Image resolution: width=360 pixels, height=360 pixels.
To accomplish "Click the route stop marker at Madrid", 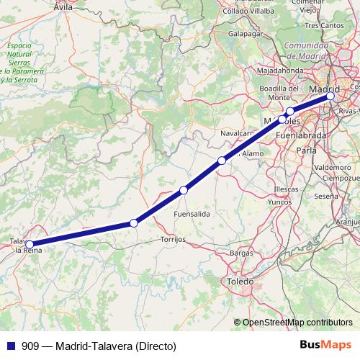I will pyautogui.click(x=330, y=95).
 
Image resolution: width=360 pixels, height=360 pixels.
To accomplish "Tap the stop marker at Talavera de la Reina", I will pyautogui.click(x=29, y=244).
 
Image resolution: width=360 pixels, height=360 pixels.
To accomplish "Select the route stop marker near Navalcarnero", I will pyautogui.click(x=222, y=161).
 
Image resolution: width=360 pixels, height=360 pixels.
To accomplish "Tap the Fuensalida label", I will pyautogui.click(x=192, y=215).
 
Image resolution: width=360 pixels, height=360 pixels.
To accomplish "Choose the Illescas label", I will pyautogui.click(x=286, y=189).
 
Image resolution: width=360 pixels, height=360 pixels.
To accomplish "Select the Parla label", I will pyautogui.click(x=307, y=150).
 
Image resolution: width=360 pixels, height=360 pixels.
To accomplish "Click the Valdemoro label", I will pyautogui.click(x=328, y=167).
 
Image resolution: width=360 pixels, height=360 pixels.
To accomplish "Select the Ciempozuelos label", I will pyautogui.click(x=341, y=177).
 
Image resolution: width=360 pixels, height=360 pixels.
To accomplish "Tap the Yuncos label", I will pyautogui.click(x=279, y=202).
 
